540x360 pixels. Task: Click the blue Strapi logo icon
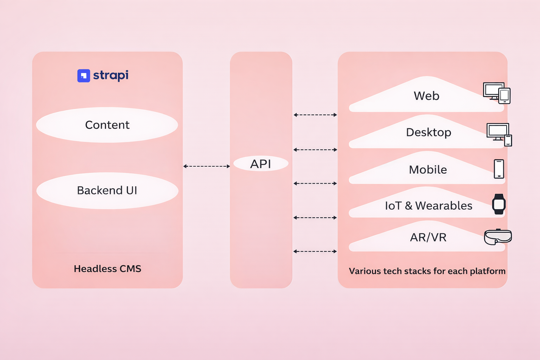(84, 76)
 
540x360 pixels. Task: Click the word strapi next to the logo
(111, 75)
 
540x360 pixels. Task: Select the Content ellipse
(107, 125)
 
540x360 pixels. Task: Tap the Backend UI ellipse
(107, 191)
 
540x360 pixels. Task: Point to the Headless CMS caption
(107, 269)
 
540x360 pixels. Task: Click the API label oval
(261, 164)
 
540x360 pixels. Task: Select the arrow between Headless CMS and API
(206, 166)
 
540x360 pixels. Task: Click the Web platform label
(426, 96)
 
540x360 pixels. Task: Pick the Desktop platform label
(428, 133)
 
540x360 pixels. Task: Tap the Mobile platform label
(428, 170)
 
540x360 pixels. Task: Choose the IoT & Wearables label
(428, 206)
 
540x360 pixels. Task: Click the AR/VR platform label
(428, 238)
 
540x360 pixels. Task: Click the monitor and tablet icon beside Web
(496, 93)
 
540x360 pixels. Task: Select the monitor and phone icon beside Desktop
(499, 134)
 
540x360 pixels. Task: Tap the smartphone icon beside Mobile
(499, 169)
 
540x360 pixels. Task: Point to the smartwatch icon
(499, 204)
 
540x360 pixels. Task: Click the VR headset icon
(498, 237)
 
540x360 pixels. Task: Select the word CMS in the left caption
(130, 269)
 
